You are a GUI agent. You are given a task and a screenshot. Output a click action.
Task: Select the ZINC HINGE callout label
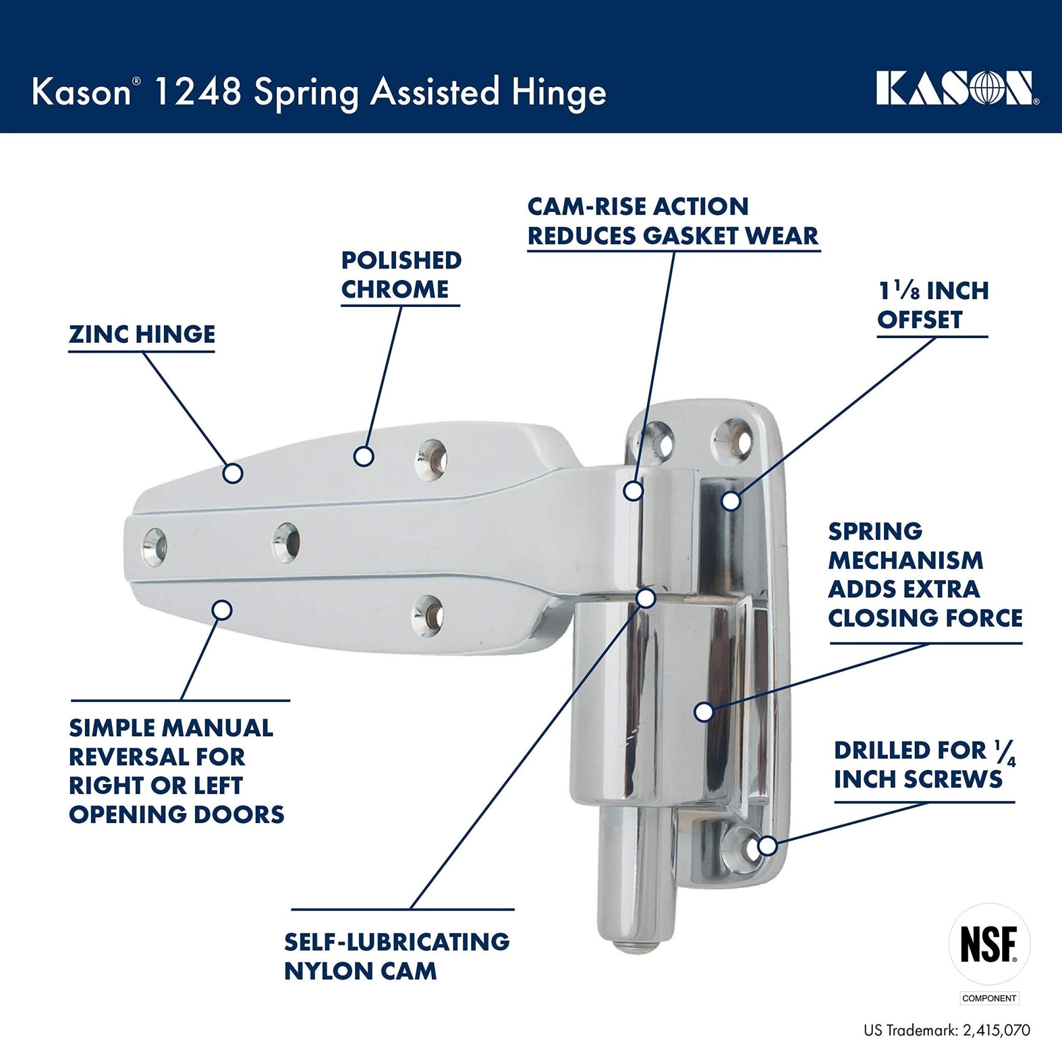pyautogui.click(x=142, y=334)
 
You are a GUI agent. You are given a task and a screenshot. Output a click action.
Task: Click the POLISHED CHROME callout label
pyautogui.click(x=401, y=275)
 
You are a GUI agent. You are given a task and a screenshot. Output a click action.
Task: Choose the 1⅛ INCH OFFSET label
pyautogui.click(x=933, y=305)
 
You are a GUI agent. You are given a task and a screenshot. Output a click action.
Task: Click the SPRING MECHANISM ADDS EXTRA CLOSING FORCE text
pyautogui.click(x=925, y=575)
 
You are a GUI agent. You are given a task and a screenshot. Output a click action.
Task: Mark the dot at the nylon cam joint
pyautogui.click(x=647, y=597)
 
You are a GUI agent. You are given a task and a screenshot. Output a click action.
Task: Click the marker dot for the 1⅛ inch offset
pyautogui.click(x=731, y=500)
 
